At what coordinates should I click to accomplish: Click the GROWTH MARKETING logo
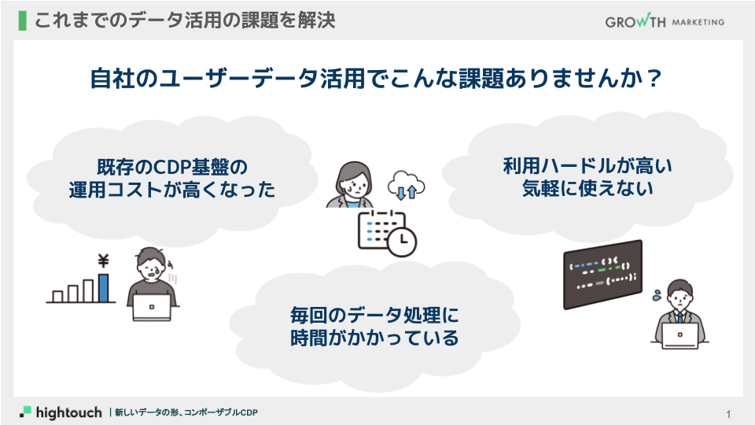[665, 21]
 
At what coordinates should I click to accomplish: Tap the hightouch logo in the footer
[61, 412]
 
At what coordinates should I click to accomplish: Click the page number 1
[729, 414]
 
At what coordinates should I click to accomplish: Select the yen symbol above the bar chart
[102, 261]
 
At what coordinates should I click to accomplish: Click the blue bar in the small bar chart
[103, 287]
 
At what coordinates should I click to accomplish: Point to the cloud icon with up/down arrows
[406, 184]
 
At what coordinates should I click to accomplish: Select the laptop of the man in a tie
[679, 336]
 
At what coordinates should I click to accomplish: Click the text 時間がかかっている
[374, 339]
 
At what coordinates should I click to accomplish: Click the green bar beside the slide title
[21, 20]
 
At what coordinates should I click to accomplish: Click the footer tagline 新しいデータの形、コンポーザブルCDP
[186, 412]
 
